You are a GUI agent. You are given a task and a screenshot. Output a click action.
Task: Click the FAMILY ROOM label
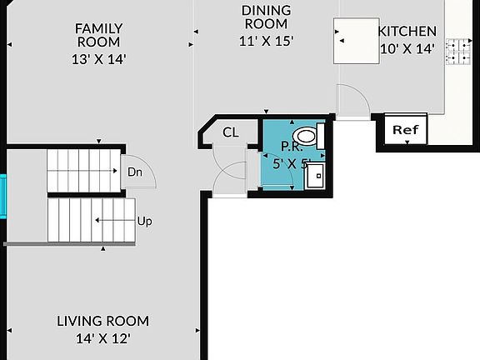click(x=98, y=35)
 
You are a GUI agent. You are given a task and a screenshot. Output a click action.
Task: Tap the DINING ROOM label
click(x=267, y=17)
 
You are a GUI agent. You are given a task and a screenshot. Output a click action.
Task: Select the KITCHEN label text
click(x=407, y=31)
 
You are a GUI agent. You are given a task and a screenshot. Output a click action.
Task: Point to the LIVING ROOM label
click(x=102, y=321)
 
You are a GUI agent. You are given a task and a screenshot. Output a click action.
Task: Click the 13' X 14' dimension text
click(x=99, y=59)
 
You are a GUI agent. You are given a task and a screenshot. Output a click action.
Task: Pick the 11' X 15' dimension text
click(x=267, y=41)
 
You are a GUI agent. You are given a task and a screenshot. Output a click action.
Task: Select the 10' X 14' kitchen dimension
click(x=407, y=48)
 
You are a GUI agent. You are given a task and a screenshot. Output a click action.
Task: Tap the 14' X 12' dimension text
click(x=102, y=339)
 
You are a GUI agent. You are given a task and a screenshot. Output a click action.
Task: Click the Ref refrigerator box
click(x=406, y=129)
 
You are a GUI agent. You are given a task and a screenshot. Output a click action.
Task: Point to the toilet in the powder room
click(x=308, y=136)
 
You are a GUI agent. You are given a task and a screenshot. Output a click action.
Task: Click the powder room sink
click(x=315, y=176)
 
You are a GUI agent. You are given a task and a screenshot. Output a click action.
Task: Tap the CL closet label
click(x=231, y=132)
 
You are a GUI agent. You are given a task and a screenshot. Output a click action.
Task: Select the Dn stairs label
click(x=135, y=172)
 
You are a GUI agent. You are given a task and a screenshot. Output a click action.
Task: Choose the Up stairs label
click(x=144, y=221)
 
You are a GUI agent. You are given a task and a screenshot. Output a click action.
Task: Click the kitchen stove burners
click(x=458, y=52)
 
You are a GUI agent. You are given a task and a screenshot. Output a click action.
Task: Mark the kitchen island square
click(x=357, y=41)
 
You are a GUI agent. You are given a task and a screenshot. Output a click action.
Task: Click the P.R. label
click(x=292, y=147)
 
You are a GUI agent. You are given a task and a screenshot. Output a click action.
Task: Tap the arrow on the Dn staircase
click(x=82, y=171)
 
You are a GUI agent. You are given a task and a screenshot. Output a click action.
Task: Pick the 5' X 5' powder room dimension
click(x=292, y=164)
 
